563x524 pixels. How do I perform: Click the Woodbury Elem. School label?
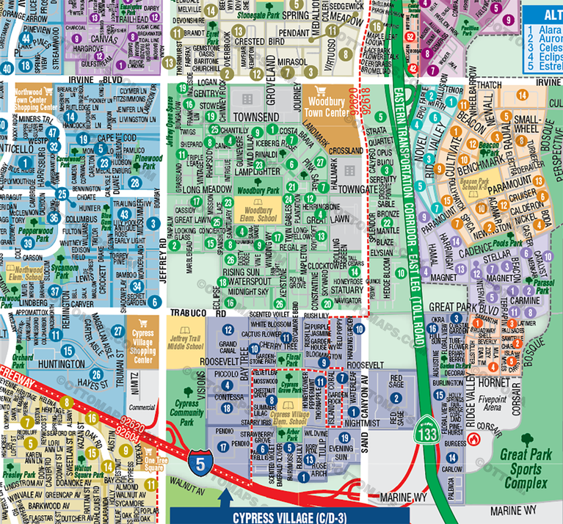coord(255,214)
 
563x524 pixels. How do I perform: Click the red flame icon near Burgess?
coord(474,439)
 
